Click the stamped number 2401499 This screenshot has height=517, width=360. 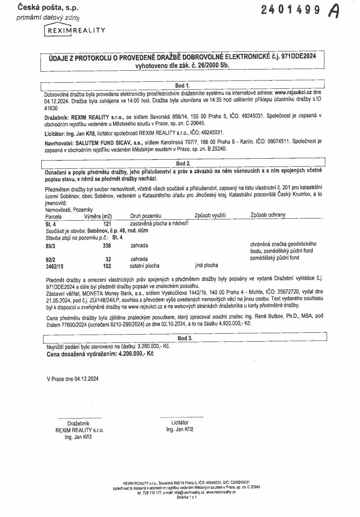(x=291, y=10)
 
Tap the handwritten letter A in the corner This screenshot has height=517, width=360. (x=335, y=11)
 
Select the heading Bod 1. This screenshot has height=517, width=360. (x=182, y=85)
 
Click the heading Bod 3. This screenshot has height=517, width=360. (x=185, y=338)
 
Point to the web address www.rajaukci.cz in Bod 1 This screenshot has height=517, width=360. (x=293, y=93)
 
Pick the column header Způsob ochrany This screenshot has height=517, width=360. (x=268, y=215)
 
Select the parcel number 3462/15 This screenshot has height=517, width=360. (x=54, y=266)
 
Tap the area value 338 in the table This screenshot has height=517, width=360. (x=107, y=246)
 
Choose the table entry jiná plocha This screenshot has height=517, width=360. (x=206, y=266)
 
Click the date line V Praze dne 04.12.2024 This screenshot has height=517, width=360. (x=73, y=379)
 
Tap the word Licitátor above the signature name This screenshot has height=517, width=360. (x=180, y=422)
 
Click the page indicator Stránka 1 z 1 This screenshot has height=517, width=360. (x=186, y=497)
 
